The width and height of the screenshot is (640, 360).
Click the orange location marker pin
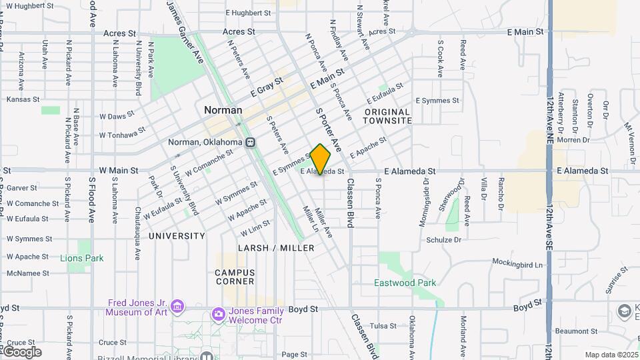pos(321,159)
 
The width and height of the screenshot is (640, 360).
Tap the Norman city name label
pos(223,110)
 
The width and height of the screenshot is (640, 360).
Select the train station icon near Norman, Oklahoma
pos(251,142)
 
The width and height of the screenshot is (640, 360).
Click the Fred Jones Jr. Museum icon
pos(177,307)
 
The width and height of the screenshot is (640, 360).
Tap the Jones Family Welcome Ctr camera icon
pos(218,313)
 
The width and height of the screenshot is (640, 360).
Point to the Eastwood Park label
pos(405,283)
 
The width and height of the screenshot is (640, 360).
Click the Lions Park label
pos(81,258)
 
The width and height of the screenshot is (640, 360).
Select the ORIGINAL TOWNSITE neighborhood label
pos(387,116)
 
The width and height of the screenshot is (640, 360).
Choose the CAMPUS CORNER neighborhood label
pos(235,277)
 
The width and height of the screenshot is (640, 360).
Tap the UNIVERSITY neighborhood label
pos(177,236)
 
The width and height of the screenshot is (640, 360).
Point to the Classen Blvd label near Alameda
pos(349,204)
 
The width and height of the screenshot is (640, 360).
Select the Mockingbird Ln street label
pos(518,263)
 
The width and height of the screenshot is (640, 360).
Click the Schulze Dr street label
pos(443,239)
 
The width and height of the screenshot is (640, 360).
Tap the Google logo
pos(22,352)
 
